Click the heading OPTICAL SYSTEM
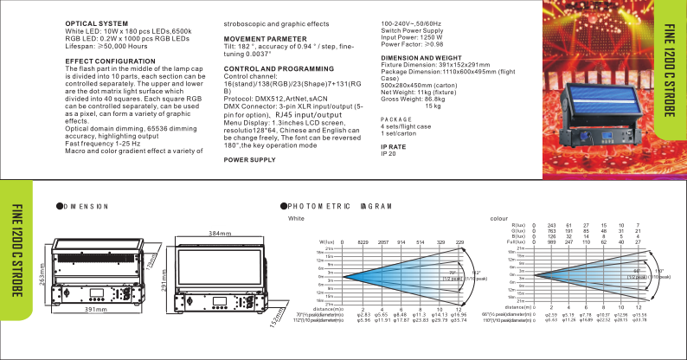tap(96, 24)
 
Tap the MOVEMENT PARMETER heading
tap(265, 39)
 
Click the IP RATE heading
tap(394, 147)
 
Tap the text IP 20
tap(388, 153)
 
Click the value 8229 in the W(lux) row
tap(363, 242)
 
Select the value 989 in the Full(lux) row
tap(552, 242)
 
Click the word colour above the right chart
tap(499, 218)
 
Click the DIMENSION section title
tap(87, 206)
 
